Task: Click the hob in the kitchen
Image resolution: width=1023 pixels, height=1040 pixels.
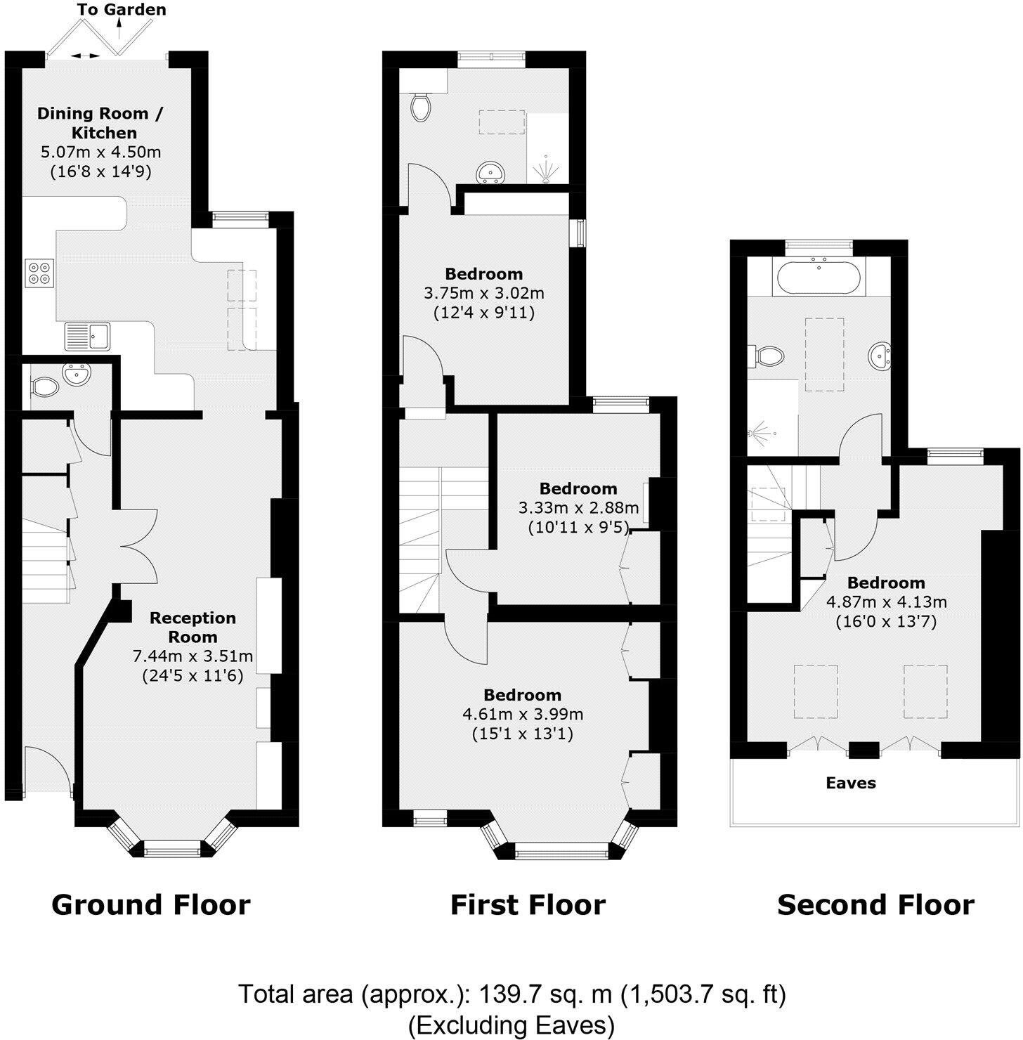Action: [x=39, y=273]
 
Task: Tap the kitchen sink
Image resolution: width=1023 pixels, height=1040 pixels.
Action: [x=87, y=336]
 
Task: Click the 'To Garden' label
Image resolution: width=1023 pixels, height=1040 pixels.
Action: [x=122, y=10]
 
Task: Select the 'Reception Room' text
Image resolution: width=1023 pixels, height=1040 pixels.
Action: [x=193, y=628]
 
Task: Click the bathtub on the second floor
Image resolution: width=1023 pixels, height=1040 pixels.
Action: [x=819, y=276]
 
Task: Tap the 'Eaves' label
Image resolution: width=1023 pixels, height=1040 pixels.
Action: [x=851, y=783]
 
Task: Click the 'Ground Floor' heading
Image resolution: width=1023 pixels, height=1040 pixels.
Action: [x=151, y=904]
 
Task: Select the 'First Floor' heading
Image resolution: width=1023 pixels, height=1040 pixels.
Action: [x=528, y=904]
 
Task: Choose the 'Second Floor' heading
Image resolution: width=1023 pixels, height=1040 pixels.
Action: [x=875, y=904]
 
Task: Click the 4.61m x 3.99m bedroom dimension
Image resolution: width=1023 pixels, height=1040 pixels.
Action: [x=523, y=715]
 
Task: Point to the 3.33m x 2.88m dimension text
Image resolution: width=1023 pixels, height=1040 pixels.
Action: [x=578, y=507]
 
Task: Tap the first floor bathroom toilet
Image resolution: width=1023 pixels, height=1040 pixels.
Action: [x=420, y=108]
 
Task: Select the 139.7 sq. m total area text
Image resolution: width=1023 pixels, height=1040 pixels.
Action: [x=511, y=994]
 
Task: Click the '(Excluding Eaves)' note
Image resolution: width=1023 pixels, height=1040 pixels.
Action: [x=511, y=1025]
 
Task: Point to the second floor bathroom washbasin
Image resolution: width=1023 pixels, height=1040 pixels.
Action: [x=879, y=357]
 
